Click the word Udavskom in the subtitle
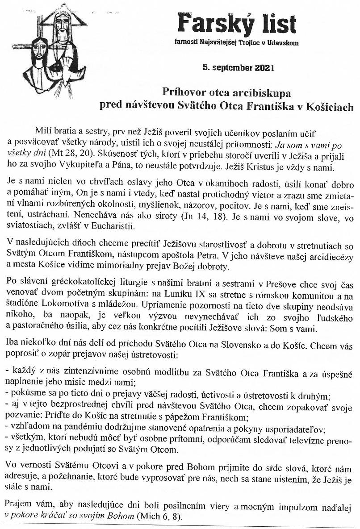point(283,43)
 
